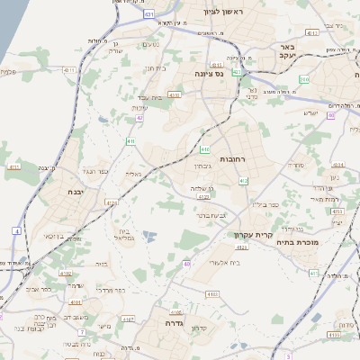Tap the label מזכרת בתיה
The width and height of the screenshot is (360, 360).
coord(321,242)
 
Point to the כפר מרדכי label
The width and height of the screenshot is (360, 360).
coord(107,291)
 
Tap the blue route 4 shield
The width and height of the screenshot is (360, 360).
coord(16,231)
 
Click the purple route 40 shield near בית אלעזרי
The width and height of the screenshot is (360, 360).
coord(187,264)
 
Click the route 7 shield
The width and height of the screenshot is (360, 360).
coord(81,333)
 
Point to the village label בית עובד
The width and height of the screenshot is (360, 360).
coord(149,97)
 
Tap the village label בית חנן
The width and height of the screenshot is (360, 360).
coord(156,67)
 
